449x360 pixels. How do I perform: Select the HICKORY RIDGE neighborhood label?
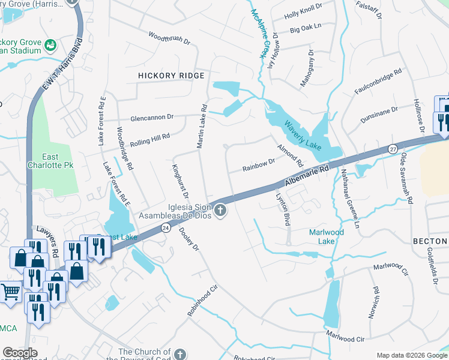171,76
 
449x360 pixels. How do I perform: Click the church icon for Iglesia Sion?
220,210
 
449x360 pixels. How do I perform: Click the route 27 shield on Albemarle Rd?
393,148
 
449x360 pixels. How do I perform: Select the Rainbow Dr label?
258,165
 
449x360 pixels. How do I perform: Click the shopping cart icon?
10,293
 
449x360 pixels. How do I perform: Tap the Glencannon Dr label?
152,117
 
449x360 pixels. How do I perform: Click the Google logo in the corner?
20,352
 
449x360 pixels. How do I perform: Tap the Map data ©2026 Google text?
411,355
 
